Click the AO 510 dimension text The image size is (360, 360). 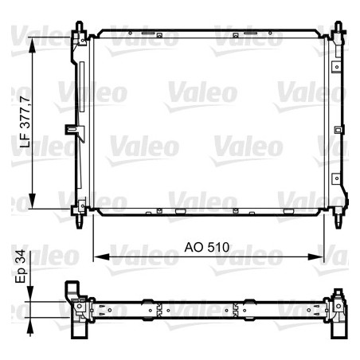tap(209, 248)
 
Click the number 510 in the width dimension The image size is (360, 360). tap(219, 248)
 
